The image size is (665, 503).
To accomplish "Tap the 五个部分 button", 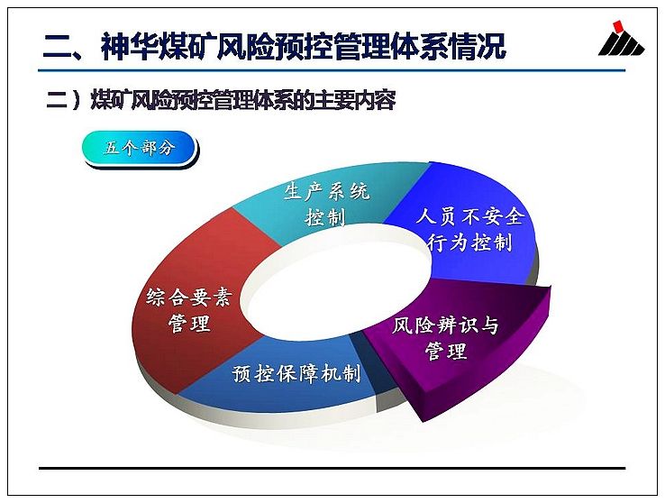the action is point(140,149).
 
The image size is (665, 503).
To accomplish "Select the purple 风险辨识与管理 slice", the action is point(458,343).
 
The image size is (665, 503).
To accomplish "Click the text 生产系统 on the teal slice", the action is point(326,192).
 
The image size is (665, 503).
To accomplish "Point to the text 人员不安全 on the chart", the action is point(469,216).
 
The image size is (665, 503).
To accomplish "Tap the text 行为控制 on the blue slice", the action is point(469,243).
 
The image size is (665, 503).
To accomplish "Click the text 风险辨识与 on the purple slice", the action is point(445,325).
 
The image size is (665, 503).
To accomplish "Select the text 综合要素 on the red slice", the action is point(188,297).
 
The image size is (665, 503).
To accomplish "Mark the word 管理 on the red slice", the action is point(189,324).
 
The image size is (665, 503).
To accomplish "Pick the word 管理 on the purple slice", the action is point(446,352).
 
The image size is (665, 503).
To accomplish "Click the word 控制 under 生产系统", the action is point(325,217).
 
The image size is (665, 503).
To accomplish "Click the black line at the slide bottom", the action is point(332,468).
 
